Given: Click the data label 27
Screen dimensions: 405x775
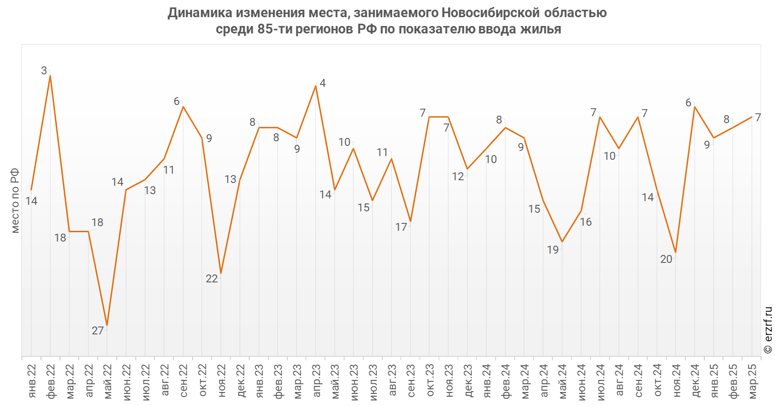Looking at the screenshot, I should pos(98,331).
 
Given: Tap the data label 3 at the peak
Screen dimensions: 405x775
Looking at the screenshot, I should pos(44,71).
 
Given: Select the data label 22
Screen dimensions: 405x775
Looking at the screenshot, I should pos(212,279).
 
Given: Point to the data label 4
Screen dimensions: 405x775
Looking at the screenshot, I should pos(323,84).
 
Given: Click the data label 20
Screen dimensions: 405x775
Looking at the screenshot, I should pos(666,259).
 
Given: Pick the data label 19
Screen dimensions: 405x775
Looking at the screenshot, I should pos(553,250).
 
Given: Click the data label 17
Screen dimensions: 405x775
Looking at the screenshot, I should pos(401,227).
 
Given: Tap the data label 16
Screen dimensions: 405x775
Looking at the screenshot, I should pos(586,222).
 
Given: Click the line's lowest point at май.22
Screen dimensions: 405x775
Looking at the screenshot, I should pos(107,325).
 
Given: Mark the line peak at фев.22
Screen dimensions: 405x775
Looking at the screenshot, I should pos(50,76).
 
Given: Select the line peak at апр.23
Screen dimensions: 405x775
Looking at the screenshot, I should pos(316,86).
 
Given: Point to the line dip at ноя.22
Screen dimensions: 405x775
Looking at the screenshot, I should pos(221,273).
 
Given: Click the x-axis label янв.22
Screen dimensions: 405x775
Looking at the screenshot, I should pos(32,381).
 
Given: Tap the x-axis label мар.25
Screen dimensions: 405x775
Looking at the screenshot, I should pos(753,381).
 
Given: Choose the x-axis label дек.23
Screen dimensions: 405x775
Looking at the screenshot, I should pos(468,381).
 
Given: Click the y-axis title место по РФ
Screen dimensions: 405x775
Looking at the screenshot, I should pos(15,201).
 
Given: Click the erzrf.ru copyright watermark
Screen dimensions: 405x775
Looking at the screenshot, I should pos(768,330).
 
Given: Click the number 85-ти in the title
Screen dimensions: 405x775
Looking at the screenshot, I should pos(274,29).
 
